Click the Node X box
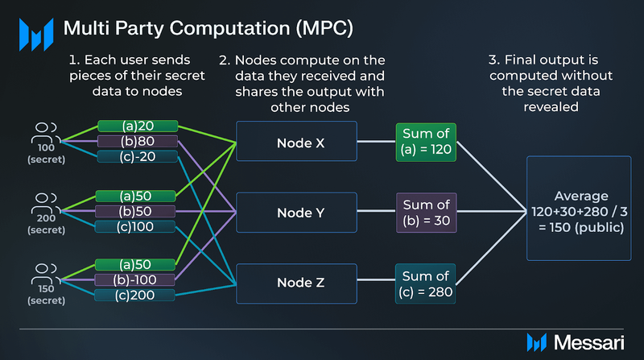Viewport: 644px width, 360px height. click(x=296, y=141)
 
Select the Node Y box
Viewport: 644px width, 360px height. click(x=296, y=213)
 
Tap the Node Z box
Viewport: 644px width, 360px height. click(x=296, y=283)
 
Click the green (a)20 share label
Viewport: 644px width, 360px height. click(x=138, y=126)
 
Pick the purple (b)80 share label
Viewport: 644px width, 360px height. click(x=138, y=141)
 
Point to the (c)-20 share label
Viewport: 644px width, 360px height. click(x=138, y=156)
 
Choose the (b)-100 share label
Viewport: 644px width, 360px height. click(x=134, y=279)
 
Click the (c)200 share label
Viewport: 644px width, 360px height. click(x=134, y=295)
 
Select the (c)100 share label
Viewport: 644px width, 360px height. click(x=134, y=226)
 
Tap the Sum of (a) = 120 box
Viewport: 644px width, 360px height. click(x=426, y=142)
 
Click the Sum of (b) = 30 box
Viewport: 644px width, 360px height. click(x=427, y=213)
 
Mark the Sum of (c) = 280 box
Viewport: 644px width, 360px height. click(x=426, y=283)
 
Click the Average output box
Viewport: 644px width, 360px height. click(x=579, y=208)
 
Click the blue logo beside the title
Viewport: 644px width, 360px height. click(x=36, y=35)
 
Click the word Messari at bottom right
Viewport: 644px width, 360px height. click(x=589, y=342)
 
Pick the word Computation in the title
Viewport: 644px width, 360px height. click(x=230, y=28)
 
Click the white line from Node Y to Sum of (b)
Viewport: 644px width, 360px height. click(x=377, y=211)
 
